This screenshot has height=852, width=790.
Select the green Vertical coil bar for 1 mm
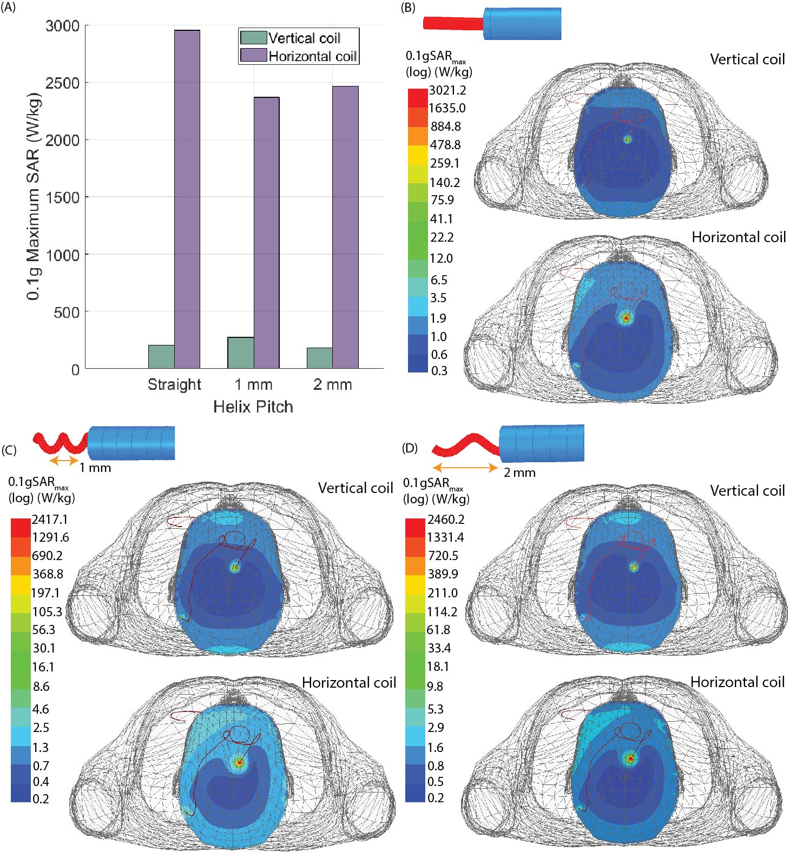[241, 352]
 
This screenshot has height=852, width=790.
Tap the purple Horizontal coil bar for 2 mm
[345, 227]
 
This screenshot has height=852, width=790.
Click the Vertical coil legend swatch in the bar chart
[253, 38]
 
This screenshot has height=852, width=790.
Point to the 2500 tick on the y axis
[62, 83]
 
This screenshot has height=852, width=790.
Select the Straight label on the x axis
[174, 384]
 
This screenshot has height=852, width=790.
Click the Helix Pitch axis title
[253, 407]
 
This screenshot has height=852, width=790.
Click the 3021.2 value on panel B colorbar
[447, 90]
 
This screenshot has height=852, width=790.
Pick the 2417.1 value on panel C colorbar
[50, 520]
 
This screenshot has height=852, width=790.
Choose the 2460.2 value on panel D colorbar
[446, 520]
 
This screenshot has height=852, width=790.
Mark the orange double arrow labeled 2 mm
[465, 468]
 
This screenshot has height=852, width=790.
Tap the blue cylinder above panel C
[131, 443]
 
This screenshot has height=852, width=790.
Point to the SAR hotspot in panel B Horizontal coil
[627, 318]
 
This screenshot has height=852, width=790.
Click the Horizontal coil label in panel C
[349, 683]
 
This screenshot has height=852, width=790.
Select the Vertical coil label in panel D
[747, 491]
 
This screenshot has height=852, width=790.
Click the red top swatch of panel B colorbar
[417, 98]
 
